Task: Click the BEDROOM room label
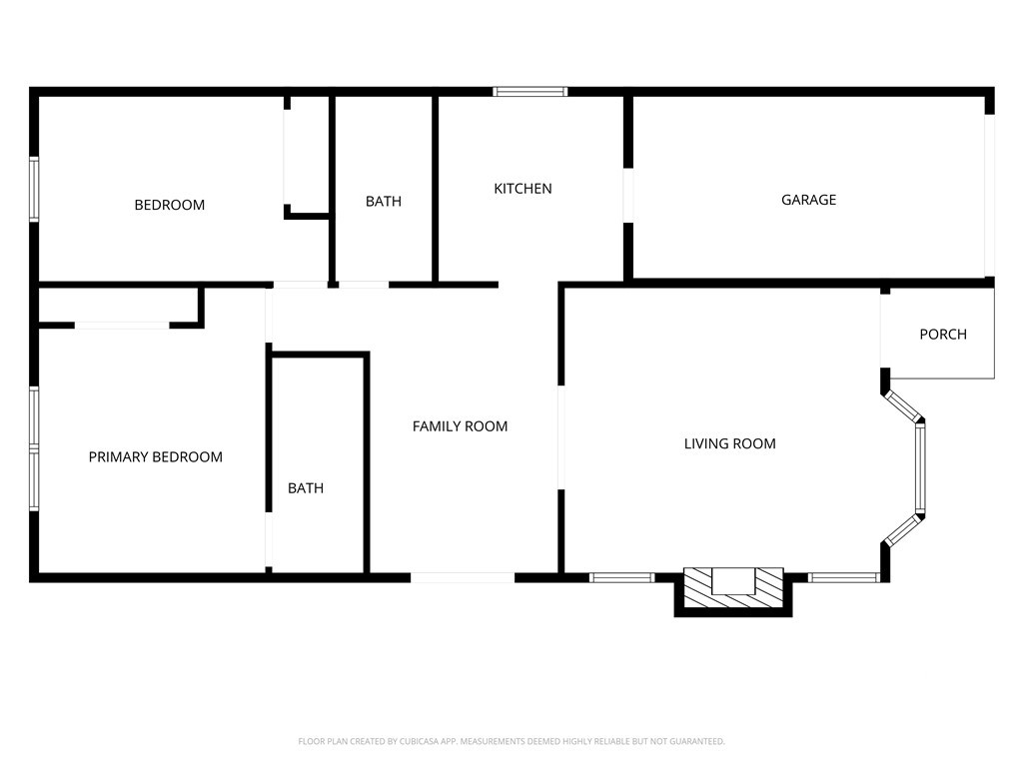click(170, 205)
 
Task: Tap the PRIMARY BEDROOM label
click(155, 457)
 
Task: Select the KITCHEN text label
click(522, 189)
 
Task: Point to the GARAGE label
click(808, 200)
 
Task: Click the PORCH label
click(943, 334)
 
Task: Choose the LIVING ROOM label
click(730, 443)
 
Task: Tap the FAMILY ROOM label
click(460, 426)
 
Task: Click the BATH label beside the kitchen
click(384, 202)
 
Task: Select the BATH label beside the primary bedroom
click(306, 487)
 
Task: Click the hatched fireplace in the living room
click(733, 588)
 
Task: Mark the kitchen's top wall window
click(529, 92)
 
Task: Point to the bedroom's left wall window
click(34, 189)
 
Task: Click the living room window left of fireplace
click(621, 577)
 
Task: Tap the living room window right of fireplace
click(844, 577)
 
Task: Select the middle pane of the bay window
click(920, 467)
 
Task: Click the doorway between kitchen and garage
click(628, 196)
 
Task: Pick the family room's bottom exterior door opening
click(463, 577)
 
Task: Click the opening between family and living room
click(560, 437)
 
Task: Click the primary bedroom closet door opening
click(122, 325)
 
